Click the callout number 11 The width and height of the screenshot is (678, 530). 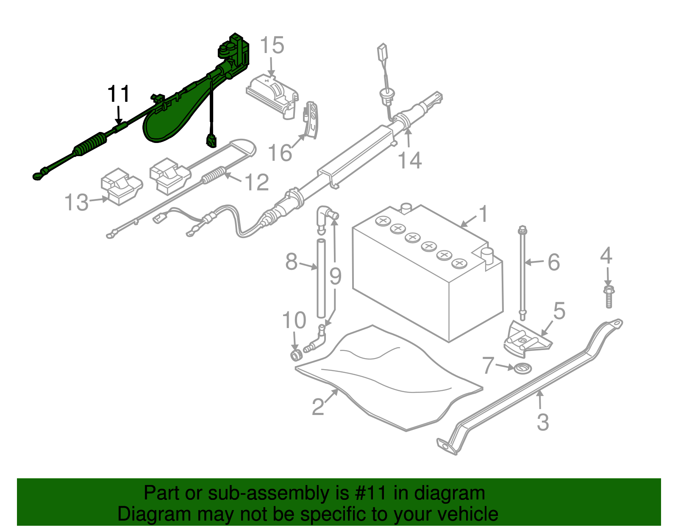tap(118, 94)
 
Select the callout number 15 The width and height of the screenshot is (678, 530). tap(272, 45)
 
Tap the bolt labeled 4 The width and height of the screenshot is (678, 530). tap(609, 297)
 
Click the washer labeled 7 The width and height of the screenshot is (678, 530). tap(522, 368)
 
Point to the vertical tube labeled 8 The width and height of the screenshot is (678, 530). tap(321, 278)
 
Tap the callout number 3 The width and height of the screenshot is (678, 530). tap(543, 422)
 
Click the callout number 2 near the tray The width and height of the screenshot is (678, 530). tap(318, 407)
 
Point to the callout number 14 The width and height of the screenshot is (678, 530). tap(410, 160)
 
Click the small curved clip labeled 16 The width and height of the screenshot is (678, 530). tap(311, 120)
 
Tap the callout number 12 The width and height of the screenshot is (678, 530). tap(257, 182)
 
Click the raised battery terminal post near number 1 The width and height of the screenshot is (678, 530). tap(487, 257)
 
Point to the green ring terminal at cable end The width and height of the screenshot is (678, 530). tap(38, 174)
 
